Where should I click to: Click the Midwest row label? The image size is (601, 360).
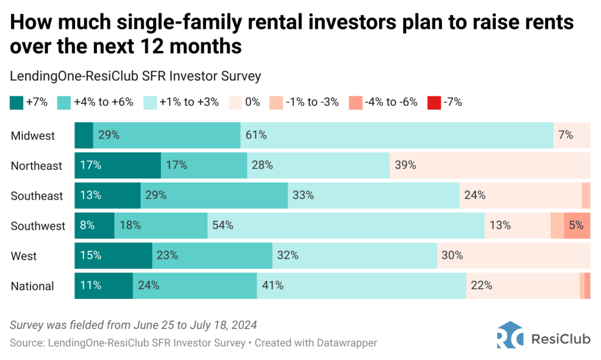click(x=33, y=136)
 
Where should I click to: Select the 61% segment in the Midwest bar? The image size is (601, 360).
click(x=397, y=135)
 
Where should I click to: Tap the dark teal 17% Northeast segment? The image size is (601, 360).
click(x=117, y=166)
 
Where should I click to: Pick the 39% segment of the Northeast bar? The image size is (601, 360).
click(x=489, y=166)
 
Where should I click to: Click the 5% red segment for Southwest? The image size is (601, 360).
click(x=577, y=226)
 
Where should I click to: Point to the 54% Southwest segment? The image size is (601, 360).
click(x=346, y=226)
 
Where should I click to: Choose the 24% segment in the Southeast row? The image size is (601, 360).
click(x=520, y=196)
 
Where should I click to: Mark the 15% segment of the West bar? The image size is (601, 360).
click(x=113, y=255)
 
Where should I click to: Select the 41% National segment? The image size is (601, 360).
click(x=362, y=286)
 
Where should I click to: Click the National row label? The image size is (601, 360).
click(x=32, y=286)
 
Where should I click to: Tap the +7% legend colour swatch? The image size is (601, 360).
click(x=16, y=103)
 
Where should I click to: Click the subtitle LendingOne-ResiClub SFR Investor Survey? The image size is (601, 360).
click(x=136, y=76)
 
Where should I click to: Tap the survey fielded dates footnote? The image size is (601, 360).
click(x=134, y=325)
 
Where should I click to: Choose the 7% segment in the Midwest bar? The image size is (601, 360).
click(x=571, y=135)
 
